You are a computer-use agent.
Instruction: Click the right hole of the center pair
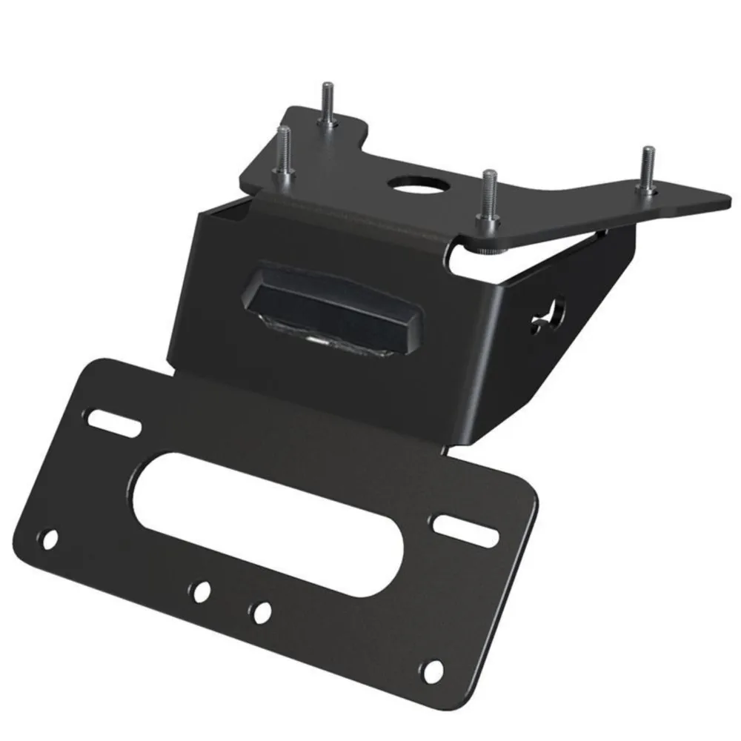[x=260, y=612]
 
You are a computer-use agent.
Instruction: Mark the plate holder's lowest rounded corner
[x=437, y=697]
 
